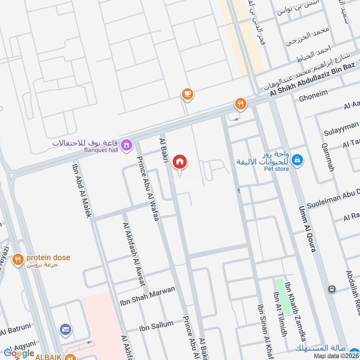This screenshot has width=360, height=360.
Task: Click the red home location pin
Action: (180, 162)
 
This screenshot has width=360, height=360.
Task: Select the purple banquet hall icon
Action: (127, 144)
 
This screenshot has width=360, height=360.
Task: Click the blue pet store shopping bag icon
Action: (297, 159)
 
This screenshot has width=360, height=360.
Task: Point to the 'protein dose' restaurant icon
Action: (18, 259)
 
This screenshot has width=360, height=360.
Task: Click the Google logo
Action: (19, 353)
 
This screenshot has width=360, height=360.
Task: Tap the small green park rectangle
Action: (280, 290)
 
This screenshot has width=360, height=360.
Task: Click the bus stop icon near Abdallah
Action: (333, 289)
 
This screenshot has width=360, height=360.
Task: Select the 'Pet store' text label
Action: (276, 169)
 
